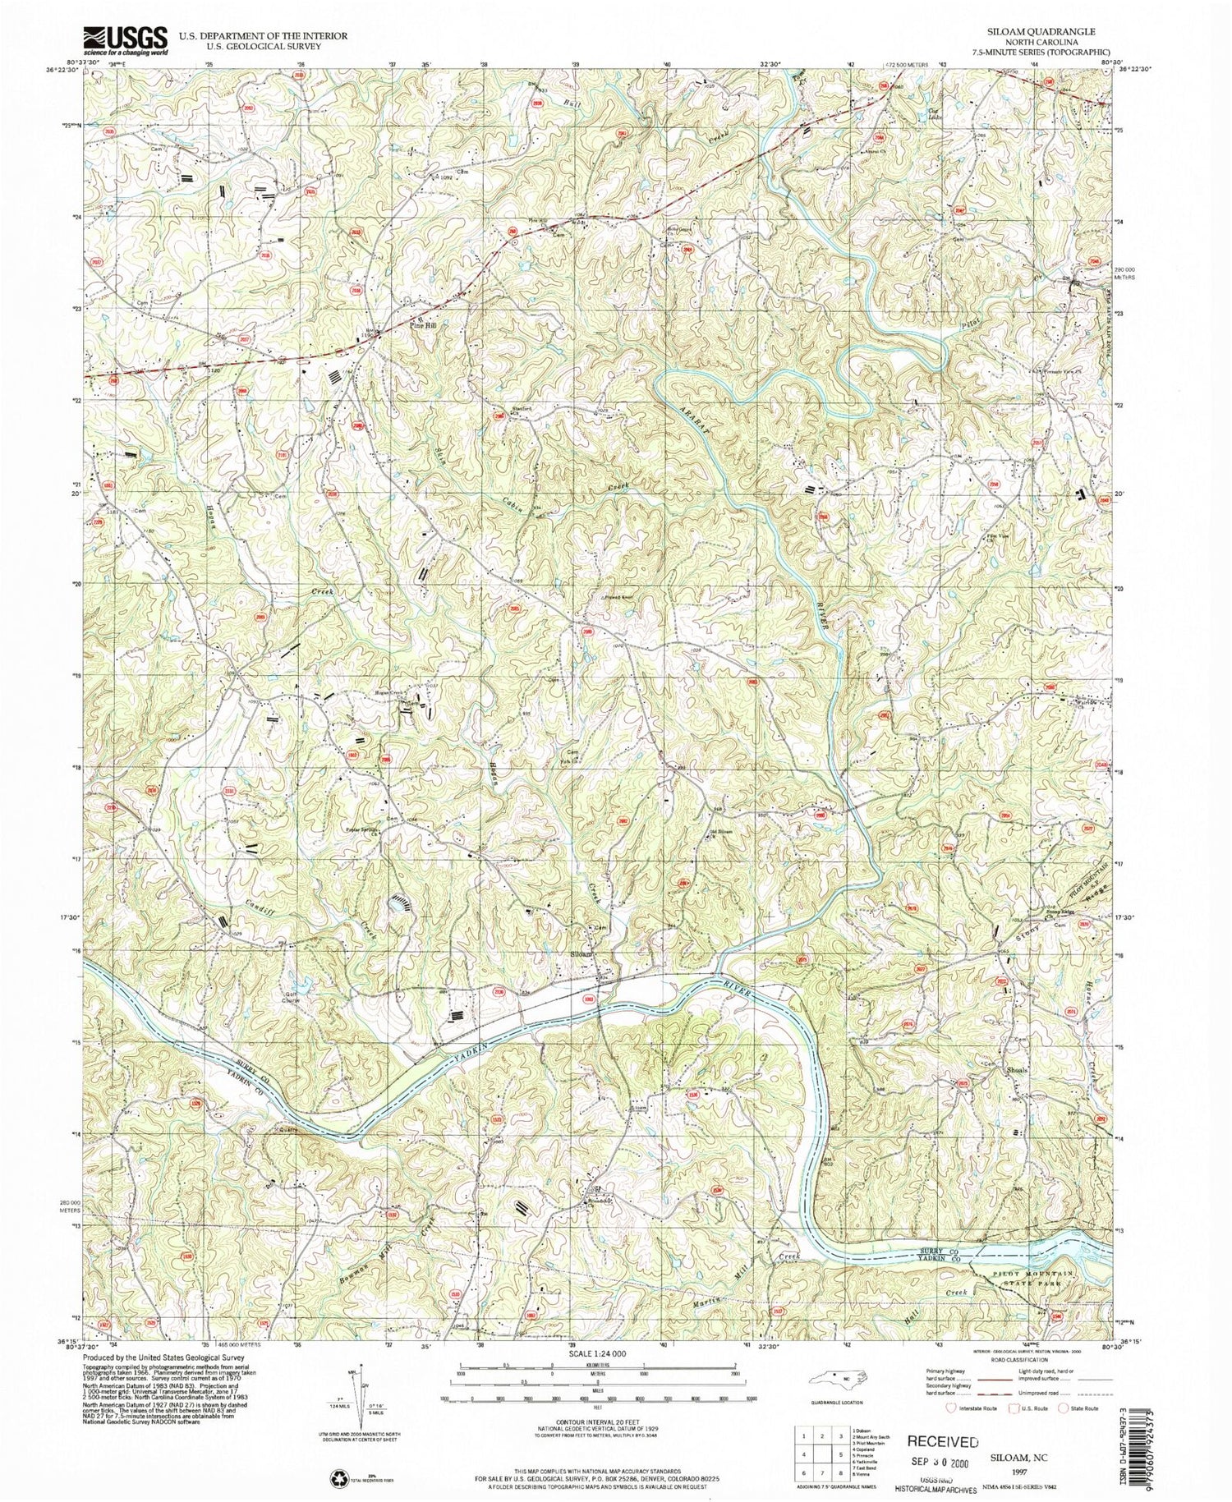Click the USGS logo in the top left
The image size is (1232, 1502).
click(x=125, y=39)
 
